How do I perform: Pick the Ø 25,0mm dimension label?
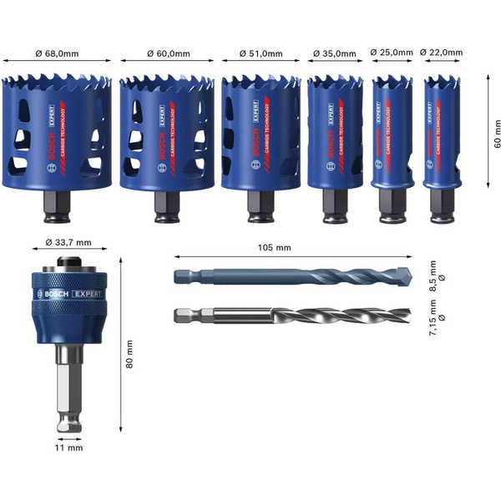[x=392, y=53]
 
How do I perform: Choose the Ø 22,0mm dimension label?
[x=441, y=53]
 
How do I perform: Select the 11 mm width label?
[x=73, y=448]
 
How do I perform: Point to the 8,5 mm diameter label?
[x=430, y=276]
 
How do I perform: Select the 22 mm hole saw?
[x=440, y=138]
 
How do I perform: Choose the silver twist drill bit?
[x=292, y=316]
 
